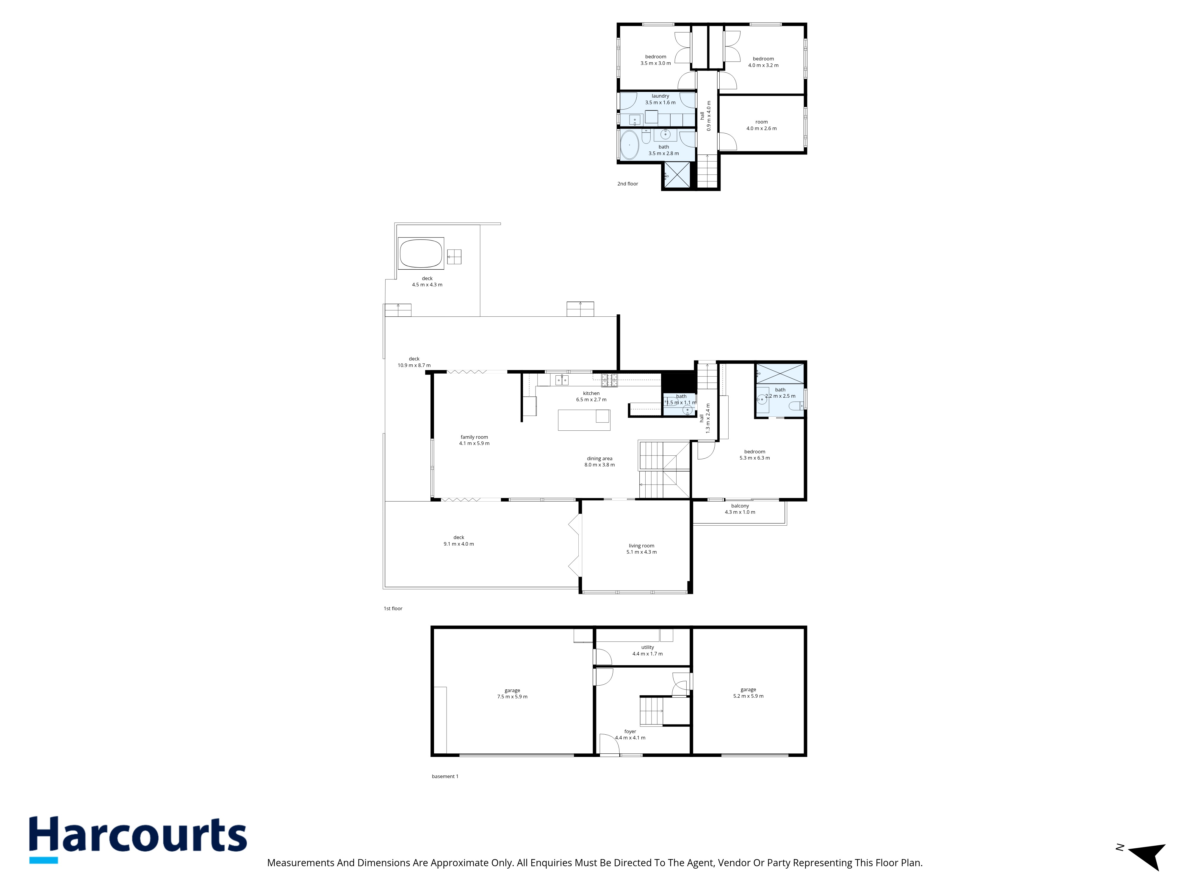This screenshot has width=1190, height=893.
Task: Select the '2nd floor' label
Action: (x=627, y=184)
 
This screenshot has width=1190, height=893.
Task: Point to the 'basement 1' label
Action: (x=445, y=776)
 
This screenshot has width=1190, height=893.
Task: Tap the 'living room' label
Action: (x=641, y=546)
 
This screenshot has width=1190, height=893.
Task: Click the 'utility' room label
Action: (x=648, y=647)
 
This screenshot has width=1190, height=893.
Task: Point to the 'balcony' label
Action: (x=740, y=506)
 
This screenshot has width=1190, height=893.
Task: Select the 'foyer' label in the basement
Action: (x=630, y=732)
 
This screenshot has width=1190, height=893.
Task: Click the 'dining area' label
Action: (x=599, y=459)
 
